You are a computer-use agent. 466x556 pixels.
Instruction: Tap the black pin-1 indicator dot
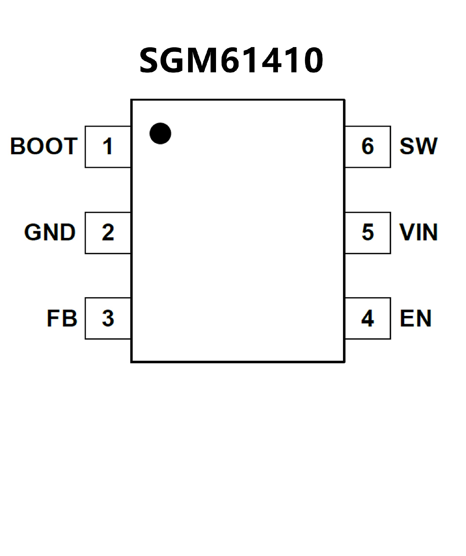(x=160, y=133)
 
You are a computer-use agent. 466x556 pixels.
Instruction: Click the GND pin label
(x=50, y=232)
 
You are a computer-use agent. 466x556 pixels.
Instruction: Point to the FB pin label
(x=62, y=318)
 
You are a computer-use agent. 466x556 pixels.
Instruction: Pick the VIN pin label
(x=419, y=232)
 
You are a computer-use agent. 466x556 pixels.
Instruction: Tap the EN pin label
(x=416, y=318)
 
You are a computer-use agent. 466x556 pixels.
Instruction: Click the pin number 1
(x=108, y=146)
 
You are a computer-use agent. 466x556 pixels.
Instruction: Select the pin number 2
(x=108, y=232)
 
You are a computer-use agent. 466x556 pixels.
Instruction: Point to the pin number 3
(x=108, y=318)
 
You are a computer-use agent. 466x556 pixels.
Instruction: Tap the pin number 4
(x=367, y=318)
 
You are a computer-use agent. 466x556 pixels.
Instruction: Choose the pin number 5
(x=368, y=232)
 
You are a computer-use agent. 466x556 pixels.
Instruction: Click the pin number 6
(x=368, y=146)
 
